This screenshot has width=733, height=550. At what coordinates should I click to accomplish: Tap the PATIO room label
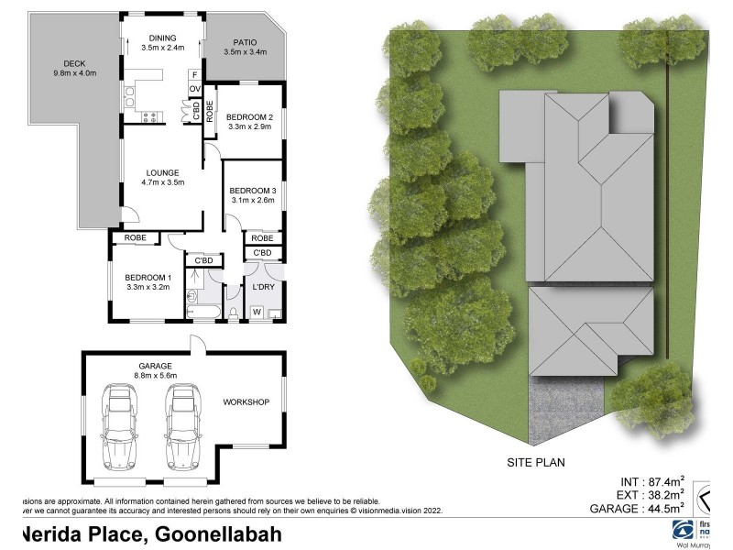click(245, 41)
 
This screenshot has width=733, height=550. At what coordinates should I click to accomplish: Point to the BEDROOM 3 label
click(252, 190)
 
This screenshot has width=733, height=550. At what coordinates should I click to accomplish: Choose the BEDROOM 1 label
click(148, 278)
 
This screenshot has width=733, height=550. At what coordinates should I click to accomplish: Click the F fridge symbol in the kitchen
click(194, 74)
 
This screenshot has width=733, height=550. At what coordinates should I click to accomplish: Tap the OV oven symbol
click(194, 89)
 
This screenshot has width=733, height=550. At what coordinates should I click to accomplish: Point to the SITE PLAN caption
click(536, 463)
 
